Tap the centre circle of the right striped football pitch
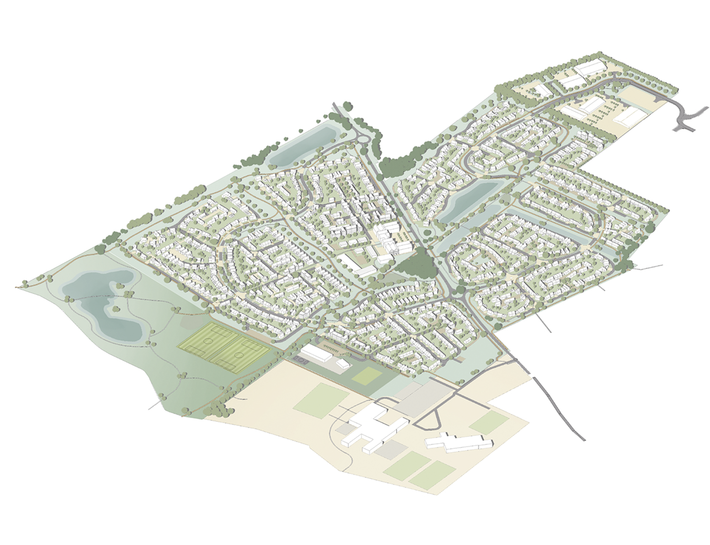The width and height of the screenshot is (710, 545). click(x=239, y=355)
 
